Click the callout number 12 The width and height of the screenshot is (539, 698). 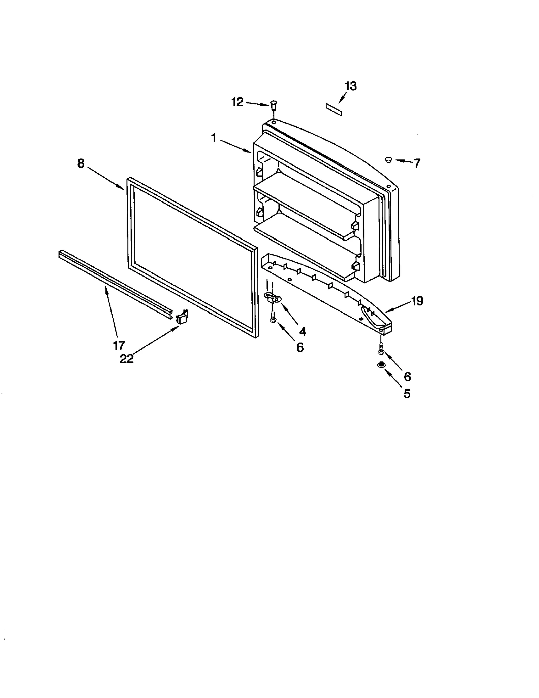[237, 102]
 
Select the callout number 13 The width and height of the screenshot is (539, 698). [351, 86]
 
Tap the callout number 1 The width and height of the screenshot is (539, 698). [213, 138]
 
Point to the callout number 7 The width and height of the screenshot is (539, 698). [417, 163]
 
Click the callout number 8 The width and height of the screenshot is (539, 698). [81, 163]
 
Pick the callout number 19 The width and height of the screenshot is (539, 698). [417, 301]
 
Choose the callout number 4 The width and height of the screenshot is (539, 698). [302, 332]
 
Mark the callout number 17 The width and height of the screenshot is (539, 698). [119, 345]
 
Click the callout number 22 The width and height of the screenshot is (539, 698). [127, 359]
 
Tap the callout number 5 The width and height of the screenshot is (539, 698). [407, 394]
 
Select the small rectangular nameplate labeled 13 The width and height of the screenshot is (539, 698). [334, 110]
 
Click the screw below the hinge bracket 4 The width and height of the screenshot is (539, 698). [272, 317]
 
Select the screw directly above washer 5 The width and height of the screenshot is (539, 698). [381, 348]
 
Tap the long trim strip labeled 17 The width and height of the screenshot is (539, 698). [115, 279]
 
